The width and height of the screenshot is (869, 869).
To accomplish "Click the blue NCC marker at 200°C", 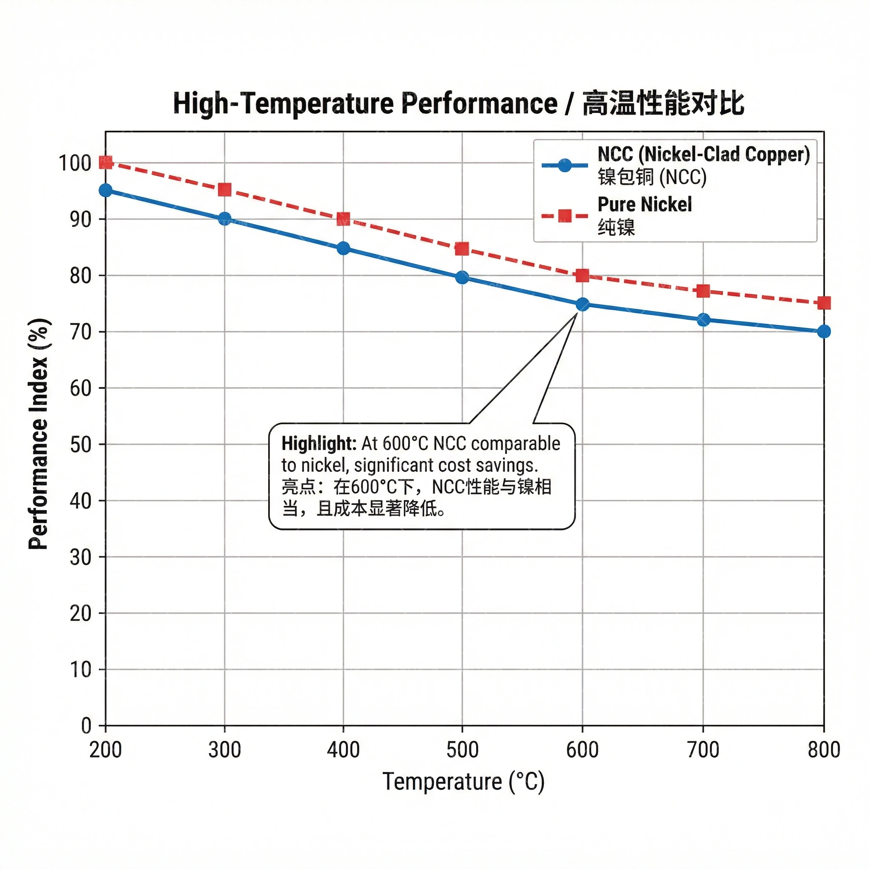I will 106,190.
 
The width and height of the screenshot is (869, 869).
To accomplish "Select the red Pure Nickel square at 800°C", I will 824,303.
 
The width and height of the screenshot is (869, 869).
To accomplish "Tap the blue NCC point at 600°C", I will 583,305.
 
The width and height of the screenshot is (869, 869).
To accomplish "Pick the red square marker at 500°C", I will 462,249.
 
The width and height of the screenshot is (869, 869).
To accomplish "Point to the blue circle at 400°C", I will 343,248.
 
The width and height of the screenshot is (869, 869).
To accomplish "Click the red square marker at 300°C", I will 224,189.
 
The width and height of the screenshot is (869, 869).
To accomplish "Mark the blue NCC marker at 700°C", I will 703,320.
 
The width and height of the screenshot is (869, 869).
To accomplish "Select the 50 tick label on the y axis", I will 81,444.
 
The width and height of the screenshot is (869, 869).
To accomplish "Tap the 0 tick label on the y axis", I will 87,726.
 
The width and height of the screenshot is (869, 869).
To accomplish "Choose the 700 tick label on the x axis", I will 703,750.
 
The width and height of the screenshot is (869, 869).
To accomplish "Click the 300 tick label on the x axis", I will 224,750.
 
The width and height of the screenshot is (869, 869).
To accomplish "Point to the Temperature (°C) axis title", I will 463,781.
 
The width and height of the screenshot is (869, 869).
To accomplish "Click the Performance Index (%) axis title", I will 39,434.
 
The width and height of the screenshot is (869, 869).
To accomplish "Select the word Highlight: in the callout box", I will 319,444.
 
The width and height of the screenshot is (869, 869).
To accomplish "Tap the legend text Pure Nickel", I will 644,205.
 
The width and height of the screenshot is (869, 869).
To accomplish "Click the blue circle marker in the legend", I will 564,165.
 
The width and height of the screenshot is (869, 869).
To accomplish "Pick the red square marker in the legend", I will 564,216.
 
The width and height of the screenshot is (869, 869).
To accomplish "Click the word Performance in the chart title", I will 479,104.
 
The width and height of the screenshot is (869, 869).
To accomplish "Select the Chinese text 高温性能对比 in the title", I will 664,104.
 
